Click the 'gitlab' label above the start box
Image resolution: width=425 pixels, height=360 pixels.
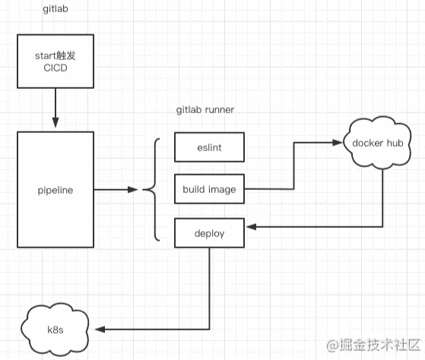pos(56,9)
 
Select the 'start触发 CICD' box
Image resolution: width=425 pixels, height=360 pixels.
pos(56,62)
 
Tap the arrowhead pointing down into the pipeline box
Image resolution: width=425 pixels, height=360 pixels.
pos(56,122)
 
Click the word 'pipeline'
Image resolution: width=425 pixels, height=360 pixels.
pos(56,191)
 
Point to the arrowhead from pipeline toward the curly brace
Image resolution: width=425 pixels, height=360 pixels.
pos(133,190)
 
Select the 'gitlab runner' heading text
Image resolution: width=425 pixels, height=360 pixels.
pos(205,110)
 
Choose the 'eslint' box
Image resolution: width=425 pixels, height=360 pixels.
pos(209,147)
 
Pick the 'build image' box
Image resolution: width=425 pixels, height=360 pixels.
pos(209,189)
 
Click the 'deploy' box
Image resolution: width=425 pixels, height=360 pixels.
pos(209,233)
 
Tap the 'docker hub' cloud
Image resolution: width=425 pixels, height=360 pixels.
pos(377,143)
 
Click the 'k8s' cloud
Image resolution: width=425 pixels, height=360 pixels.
pos(56,330)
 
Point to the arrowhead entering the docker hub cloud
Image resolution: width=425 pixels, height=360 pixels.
pos(338,143)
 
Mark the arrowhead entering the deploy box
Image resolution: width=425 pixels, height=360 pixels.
pos(251,227)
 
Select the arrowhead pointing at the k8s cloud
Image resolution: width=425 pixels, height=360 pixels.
pos(100,330)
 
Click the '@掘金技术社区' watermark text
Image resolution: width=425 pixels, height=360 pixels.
pos(373,346)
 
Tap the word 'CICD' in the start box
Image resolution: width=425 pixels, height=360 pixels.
pos(56,68)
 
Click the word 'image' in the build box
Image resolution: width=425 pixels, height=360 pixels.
pos(222,190)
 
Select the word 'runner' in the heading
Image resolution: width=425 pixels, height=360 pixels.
pos(220,110)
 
